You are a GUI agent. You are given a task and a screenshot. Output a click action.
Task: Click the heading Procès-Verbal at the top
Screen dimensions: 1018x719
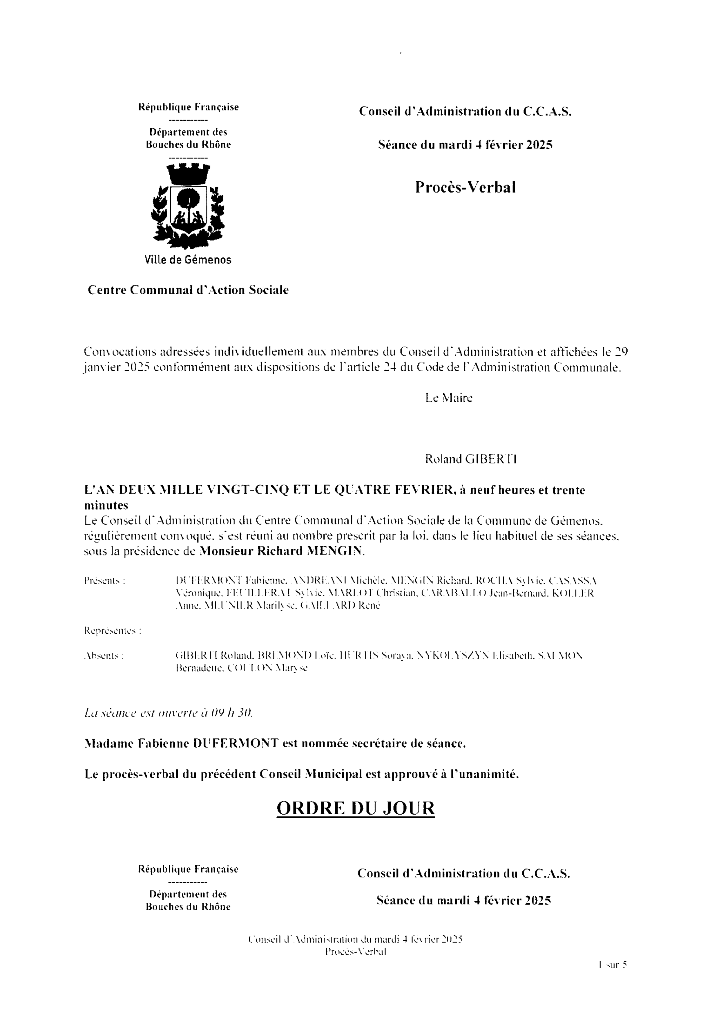pyautogui.click(x=465, y=187)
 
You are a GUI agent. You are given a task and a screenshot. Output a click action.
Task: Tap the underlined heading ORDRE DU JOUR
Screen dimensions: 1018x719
pyautogui.click(x=356, y=808)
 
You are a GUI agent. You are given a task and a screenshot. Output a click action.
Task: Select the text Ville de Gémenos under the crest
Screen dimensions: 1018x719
pyautogui.click(x=188, y=260)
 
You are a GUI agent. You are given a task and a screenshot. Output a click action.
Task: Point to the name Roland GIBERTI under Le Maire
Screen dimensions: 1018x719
pyautogui.click(x=471, y=459)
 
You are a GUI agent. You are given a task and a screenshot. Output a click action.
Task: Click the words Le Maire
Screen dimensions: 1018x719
pyautogui.click(x=449, y=398)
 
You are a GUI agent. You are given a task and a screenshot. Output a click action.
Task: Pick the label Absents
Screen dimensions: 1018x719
pyautogui.click(x=104, y=655)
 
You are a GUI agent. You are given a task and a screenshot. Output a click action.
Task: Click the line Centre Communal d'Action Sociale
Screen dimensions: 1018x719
pyautogui.click(x=188, y=290)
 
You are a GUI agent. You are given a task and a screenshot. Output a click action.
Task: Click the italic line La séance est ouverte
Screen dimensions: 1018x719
pyautogui.click(x=168, y=713)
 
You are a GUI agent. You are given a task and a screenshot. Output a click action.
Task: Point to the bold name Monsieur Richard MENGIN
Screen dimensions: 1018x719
pyautogui.click(x=282, y=551)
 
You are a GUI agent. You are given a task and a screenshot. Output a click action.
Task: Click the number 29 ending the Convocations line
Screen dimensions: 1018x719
pyautogui.click(x=622, y=352)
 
